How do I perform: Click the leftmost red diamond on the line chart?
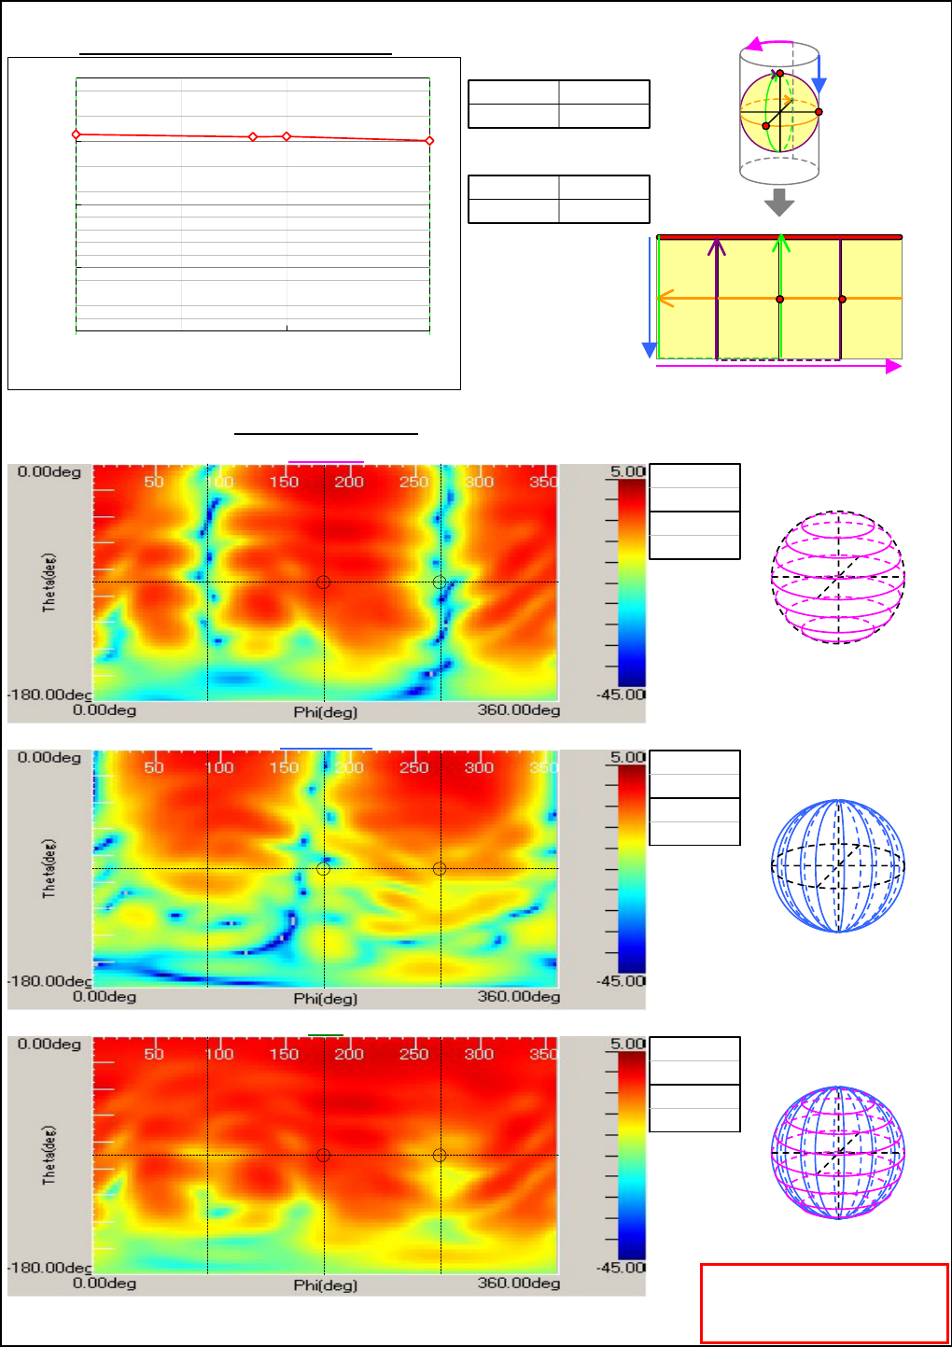click(x=77, y=135)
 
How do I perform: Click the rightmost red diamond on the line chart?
click(x=429, y=141)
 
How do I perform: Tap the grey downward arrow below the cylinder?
click(x=779, y=202)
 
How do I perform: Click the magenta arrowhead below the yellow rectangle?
click(x=893, y=367)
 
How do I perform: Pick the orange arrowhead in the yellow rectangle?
click(x=664, y=299)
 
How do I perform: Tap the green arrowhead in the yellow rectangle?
click(x=781, y=243)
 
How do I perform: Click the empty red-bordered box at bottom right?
click(x=824, y=1303)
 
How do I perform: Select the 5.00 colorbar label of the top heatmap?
click(x=627, y=471)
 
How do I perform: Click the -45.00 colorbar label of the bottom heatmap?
click(x=622, y=1268)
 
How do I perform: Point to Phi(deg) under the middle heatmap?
click(x=325, y=998)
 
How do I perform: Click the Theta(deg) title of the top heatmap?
click(x=49, y=582)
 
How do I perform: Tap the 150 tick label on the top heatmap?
click(x=284, y=482)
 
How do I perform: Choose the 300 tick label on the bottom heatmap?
click(x=479, y=1054)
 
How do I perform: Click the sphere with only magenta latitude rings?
click(x=838, y=577)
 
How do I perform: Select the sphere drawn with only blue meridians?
click(x=838, y=865)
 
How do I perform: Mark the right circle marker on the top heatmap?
click(x=440, y=582)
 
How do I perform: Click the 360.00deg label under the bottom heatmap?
click(x=519, y=1284)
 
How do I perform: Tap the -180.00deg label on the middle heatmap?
click(x=50, y=981)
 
